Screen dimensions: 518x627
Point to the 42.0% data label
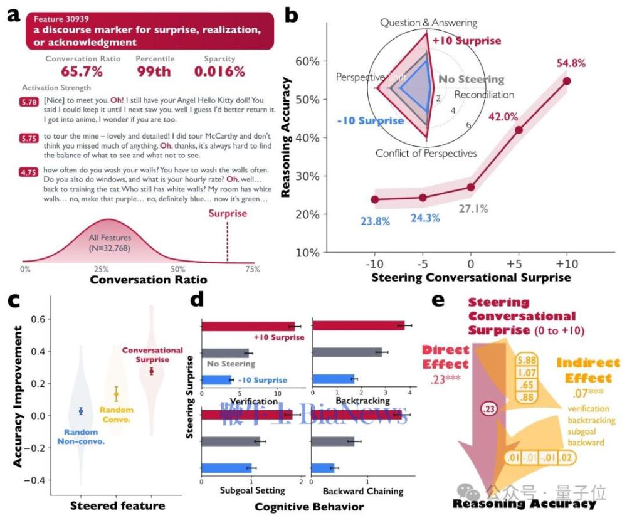pos(502,117)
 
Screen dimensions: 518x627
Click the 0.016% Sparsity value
pos(219,71)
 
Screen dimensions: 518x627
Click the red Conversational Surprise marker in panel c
pos(151,371)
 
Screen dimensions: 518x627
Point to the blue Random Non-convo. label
pos(80,436)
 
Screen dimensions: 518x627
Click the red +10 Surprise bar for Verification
pos(248,326)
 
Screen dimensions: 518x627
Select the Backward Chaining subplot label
pos(359,490)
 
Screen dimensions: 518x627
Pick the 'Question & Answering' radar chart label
pos(428,23)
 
